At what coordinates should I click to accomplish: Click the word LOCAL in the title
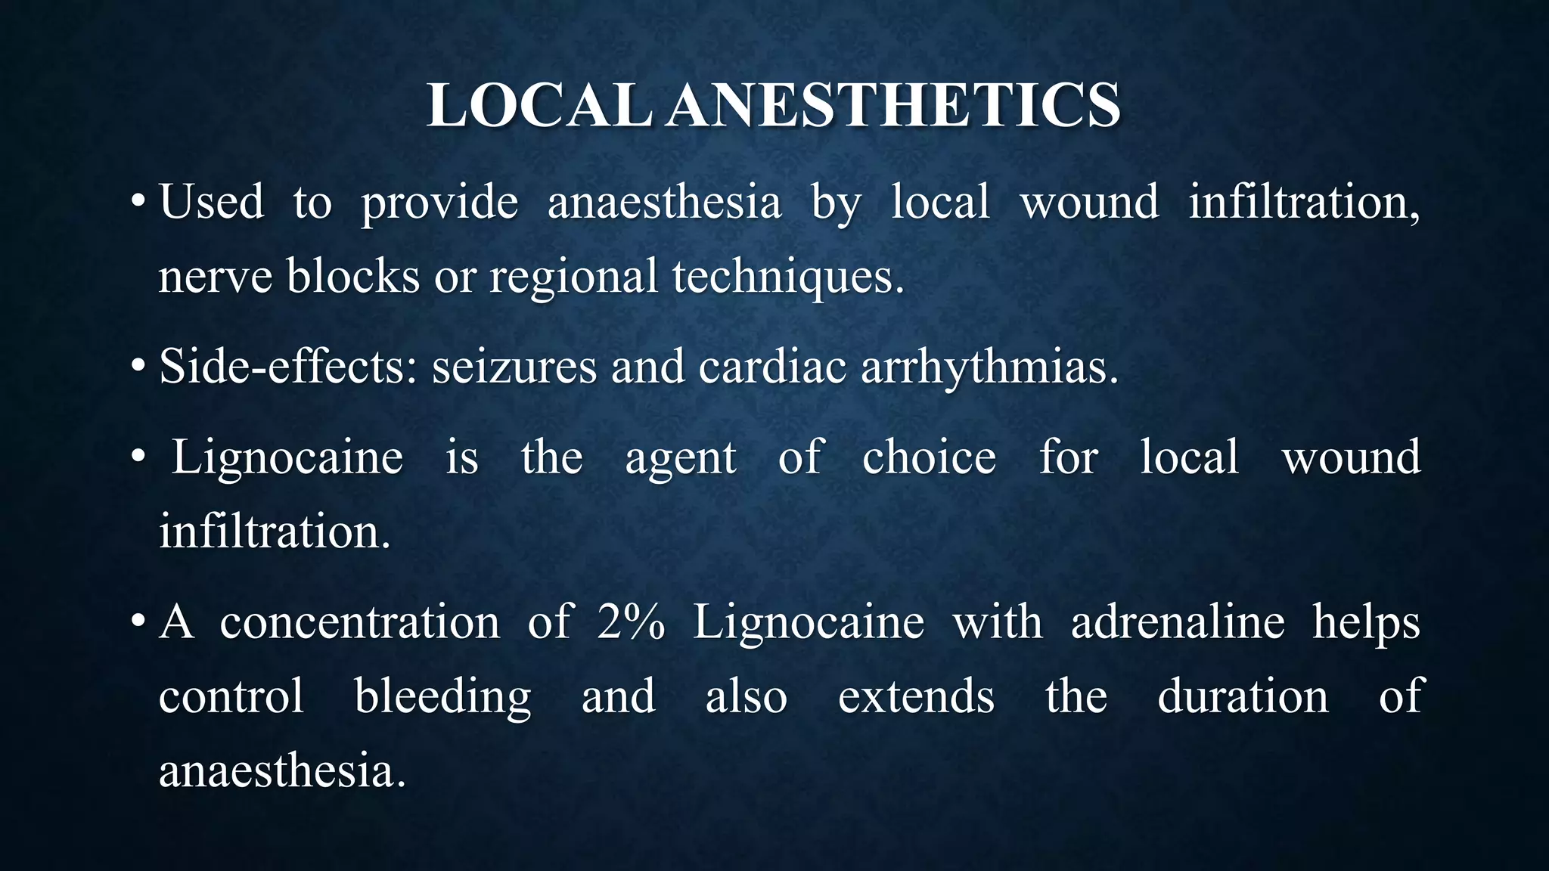tap(539, 105)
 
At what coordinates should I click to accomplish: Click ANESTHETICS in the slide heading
tap(894, 105)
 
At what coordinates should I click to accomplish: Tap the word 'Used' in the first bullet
tap(212, 203)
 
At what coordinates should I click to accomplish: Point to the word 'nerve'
tap(215, 277)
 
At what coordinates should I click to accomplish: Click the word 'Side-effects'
tap(287, 367)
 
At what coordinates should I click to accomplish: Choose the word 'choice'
tap(929, 457)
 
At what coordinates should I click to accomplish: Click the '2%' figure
tap(631, 622)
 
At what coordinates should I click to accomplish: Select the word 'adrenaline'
tap(1178, 622)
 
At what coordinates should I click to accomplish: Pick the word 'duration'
tap(1243, 696)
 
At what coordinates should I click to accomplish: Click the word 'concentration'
tap(360, 622)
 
